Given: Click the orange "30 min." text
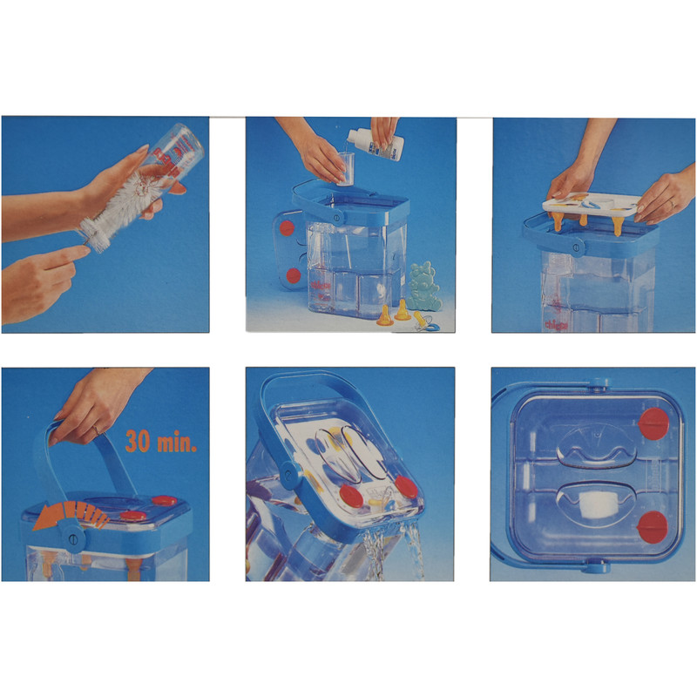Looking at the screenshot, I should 162,441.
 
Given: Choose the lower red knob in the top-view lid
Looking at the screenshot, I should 652,526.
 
